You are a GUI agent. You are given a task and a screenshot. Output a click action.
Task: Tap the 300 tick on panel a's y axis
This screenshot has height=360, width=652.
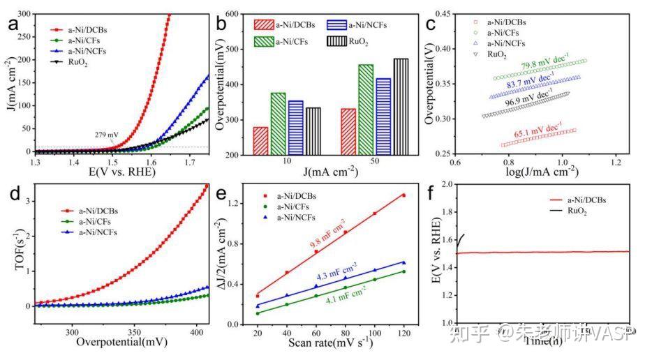[x=24, y=14]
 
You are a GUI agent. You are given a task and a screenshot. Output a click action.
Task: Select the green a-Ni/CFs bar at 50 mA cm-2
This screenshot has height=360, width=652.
[x=366, y=109]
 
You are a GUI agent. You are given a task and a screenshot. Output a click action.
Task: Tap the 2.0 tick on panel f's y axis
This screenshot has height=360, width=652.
[x=446, y=185]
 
